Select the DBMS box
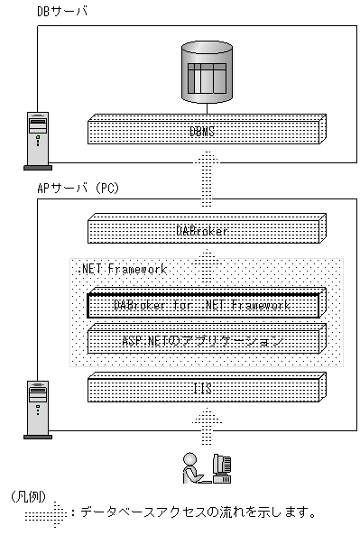pos(207,130)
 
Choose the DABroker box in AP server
pos(207,231)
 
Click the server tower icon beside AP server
pos(37,410)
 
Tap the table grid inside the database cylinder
pos(207,78)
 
